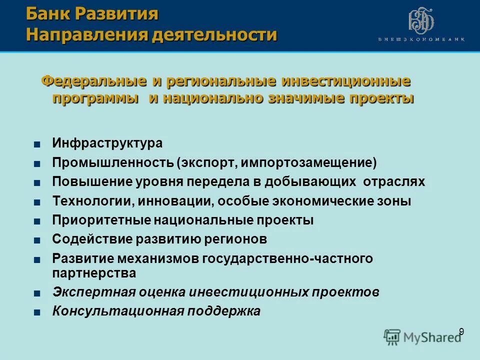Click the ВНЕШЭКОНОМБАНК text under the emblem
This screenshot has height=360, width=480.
(421, 39)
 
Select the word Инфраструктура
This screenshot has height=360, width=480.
(107, 143)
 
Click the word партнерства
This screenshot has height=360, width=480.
(94, 273)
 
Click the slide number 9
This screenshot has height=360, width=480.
(461, 331)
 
